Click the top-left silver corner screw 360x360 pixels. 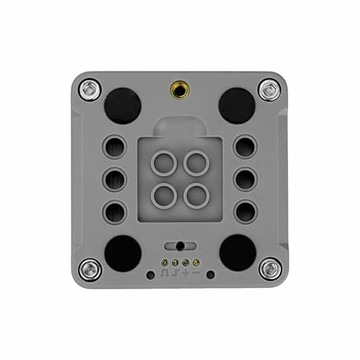pos(89,90)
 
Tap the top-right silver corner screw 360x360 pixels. pos(269,90)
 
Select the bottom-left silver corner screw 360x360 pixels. pos(89,269)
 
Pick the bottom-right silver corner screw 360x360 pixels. pos(269,269)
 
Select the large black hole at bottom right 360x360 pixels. pos(238,253)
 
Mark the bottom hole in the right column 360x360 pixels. pos(245,210)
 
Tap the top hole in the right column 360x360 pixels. pos(245,147)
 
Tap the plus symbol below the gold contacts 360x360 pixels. pos(186,274)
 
